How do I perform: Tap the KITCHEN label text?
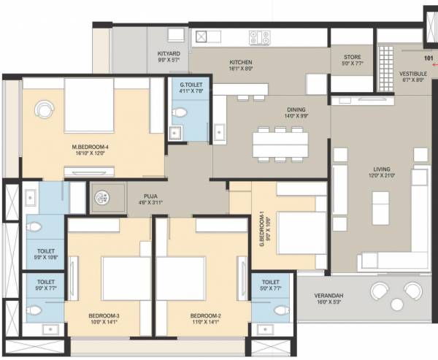[240, 63]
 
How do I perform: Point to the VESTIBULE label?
[412, 74]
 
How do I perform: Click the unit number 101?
[428, 58]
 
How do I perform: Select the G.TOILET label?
[193, 85]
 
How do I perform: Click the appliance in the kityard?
[175, 36]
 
